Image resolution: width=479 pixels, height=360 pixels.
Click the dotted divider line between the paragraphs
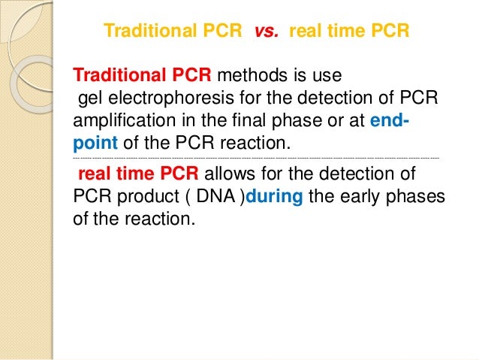(255, 159)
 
